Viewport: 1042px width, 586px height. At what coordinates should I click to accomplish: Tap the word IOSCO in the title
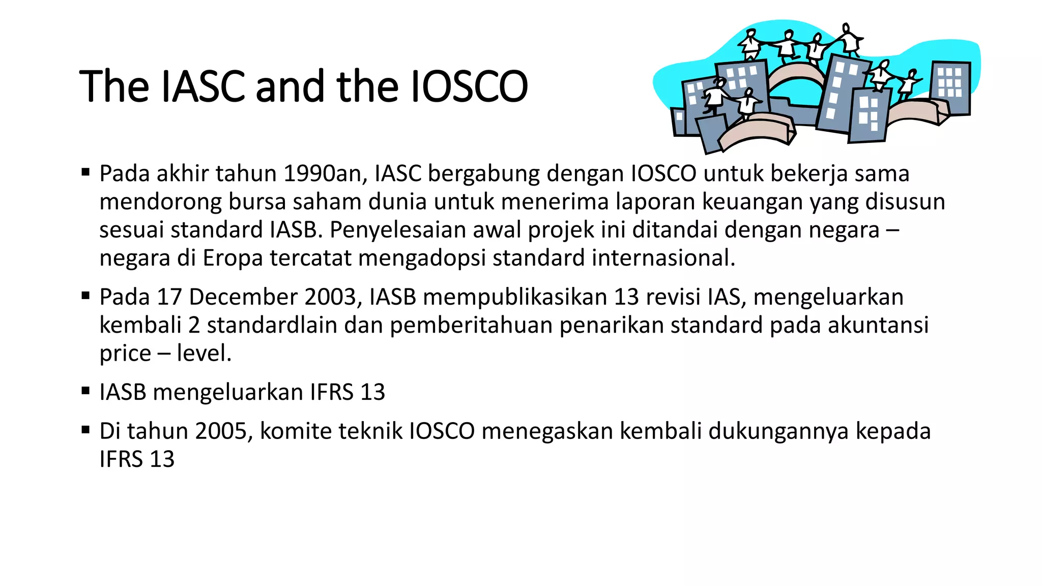pos(469,86)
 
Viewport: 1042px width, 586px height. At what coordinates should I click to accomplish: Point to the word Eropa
pos(233,258)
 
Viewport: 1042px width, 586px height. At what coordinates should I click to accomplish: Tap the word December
pos(243,297)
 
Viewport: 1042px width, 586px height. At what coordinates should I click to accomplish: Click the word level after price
pos(204,353)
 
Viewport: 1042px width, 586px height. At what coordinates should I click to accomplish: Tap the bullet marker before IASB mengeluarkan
pos(85,392)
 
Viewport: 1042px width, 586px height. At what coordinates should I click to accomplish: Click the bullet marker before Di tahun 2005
pos(85,431)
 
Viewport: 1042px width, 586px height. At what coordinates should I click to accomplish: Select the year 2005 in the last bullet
pos(224,431)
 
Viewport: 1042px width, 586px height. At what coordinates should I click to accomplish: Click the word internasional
pos(663,258)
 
